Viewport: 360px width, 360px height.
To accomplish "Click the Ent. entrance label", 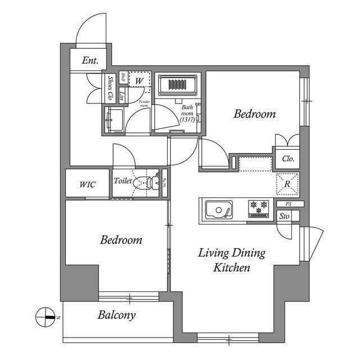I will pyautogui.click(x=90, y=61).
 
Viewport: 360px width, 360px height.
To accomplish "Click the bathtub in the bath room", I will pyautogui.click(x=177, y=86).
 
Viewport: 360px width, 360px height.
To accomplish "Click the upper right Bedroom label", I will pyautogui.click(x=255, y=114).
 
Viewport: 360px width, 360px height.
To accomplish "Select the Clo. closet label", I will pyautogui.click(x=287, y=159).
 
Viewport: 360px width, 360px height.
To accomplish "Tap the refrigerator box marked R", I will pyautogui.click(x=287, y=184).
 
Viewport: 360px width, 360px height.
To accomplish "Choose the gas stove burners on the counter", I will pyautogui.click(x=259, y=208).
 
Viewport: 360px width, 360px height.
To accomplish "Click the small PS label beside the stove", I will pyautogui.click(x=288, y=203).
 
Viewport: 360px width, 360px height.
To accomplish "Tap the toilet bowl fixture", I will pyautogui.click(x=145, y=182).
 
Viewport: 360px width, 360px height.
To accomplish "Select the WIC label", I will pyautogui.click(x=87, y=184).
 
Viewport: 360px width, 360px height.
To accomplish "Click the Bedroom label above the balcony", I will pyautogui.click(x=121, y=240).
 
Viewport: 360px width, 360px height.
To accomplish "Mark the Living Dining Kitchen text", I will pyautogui.click(x=231, y=260).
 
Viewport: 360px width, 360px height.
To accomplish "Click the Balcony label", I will pyautogui.click(x=116, y=315).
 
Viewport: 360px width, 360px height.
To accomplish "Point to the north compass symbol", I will pyautogui.click(x=45, y=317).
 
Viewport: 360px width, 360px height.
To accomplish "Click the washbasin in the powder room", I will pyautogui.click(x=116, y=120).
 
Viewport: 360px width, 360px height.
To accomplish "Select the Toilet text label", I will pyautogui.click(x=123, y=181).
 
